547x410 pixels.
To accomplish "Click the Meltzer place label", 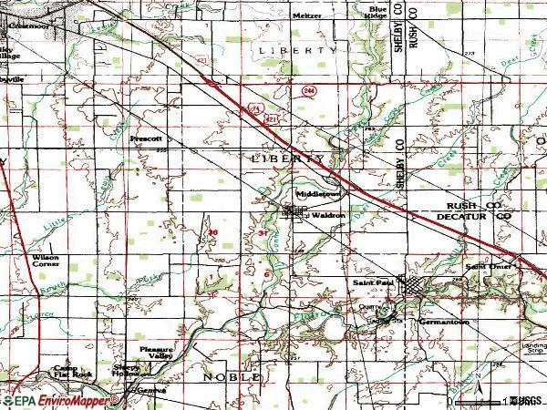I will (307, 15).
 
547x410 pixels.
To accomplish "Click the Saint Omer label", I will (483, 266).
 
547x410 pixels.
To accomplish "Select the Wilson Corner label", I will (45, 261).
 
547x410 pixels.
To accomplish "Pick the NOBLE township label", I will (232, 376).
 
